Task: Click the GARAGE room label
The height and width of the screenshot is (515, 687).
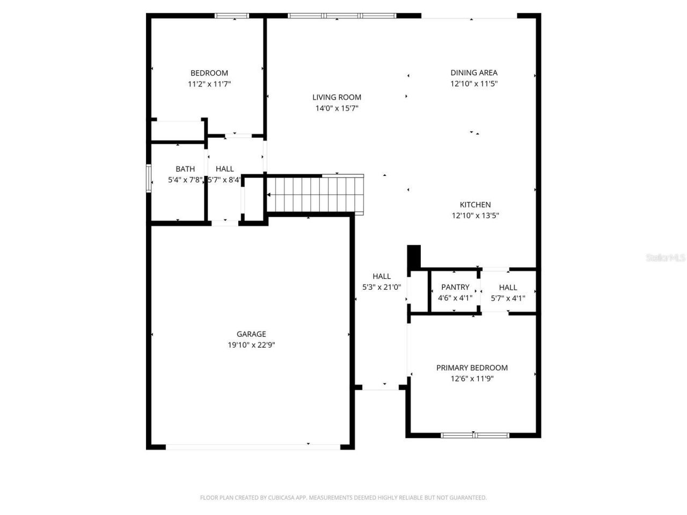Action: [251, 334]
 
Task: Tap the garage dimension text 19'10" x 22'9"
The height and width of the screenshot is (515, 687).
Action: [251, 345]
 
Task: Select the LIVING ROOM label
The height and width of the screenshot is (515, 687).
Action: [337, 97]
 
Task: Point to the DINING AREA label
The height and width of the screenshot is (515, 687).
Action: [474, 72]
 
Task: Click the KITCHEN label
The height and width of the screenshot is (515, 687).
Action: [475, 204]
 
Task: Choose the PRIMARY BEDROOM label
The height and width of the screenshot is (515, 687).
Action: [472, 367]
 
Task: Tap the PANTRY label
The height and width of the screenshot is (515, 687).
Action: [455, 287]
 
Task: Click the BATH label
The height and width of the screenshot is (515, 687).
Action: [185, 169]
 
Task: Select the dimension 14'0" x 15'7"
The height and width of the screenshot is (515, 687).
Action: [337, 108]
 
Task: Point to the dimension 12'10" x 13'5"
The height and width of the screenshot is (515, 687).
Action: [475, 216]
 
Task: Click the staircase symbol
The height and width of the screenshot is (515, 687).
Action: [315, 194]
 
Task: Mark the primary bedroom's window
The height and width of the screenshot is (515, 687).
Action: [475, 435]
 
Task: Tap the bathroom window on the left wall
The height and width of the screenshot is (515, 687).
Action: [149, 178]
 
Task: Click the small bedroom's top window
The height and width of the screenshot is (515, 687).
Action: [232, 16]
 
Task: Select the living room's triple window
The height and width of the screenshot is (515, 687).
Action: [342, 16]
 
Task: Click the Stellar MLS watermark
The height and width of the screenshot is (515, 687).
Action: [666, 258]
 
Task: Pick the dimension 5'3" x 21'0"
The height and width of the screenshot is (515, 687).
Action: [382, 287]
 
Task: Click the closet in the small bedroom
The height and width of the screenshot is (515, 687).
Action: [177, 130]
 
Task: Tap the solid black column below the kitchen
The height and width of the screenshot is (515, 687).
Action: [414, 257]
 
